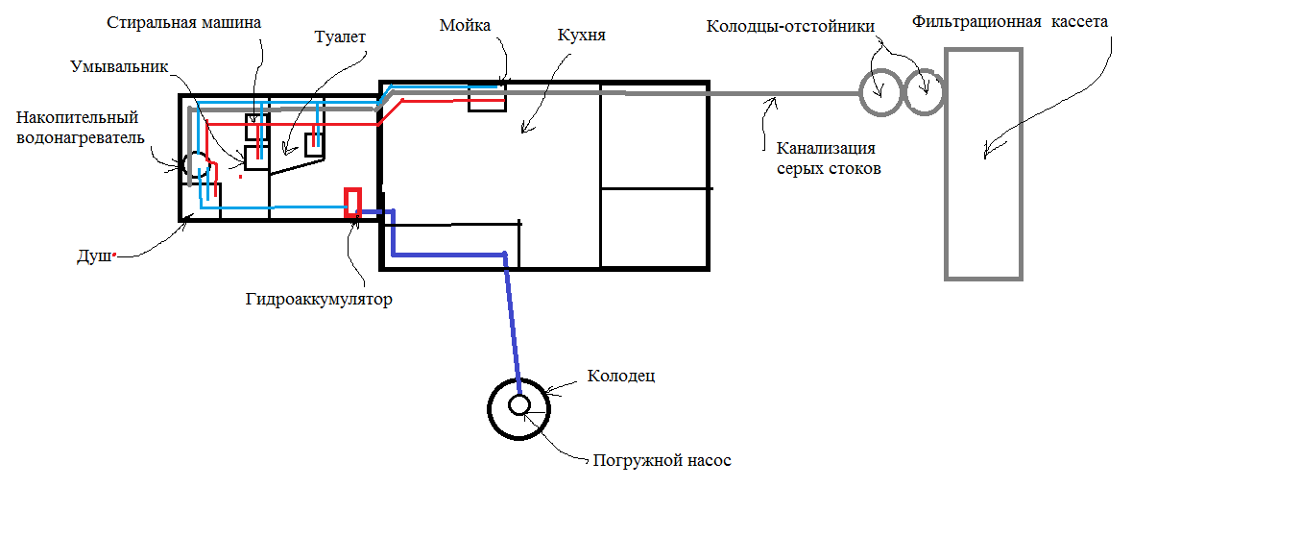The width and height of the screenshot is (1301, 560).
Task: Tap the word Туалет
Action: pyautogui.click(x=341, y=37)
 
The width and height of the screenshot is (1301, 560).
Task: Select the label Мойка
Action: pyautogui.click(x=465, y=26)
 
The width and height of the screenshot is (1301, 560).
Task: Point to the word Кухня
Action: pyautogui.click(x=581, y=36)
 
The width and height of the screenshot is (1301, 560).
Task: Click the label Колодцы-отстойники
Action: pyautogui.click(x=791, y=26)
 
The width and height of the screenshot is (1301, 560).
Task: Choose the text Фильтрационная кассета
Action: pyautogui.click(x=1011, y=20)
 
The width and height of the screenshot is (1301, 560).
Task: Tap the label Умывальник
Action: pyautogui.click(x=119, y=67)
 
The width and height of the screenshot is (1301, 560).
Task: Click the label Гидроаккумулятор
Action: pyautogui.click(x=319, y=300)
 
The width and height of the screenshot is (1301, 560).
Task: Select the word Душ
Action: pyautogui.click(x=93, y=257)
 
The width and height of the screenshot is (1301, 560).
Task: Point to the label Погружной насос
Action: pyautogui.click(x=662, y=461)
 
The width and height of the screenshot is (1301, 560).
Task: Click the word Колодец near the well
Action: pyautogui.click(x=620, y=376)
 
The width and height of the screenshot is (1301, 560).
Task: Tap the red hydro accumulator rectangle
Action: pyautogui.click(x=352, y=203)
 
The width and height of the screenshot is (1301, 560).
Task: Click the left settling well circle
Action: pyautogui.click(x=879, y=93)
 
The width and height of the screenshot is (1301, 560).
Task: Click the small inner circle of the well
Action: pyautogui.click(x=519, y=404)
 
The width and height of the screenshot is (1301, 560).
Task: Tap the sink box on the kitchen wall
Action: pyautogui.click(x=487, y=96)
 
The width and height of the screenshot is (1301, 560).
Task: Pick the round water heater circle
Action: pyautogui.click(x=196, y=164)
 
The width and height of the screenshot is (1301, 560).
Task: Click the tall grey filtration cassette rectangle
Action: pyautogui.click(x=983, y=163)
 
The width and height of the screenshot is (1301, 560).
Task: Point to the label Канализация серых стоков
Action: pyautogui.click(x=828, y=158)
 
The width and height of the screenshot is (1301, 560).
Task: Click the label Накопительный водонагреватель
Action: pyautogui.click(x=79, y=128)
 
